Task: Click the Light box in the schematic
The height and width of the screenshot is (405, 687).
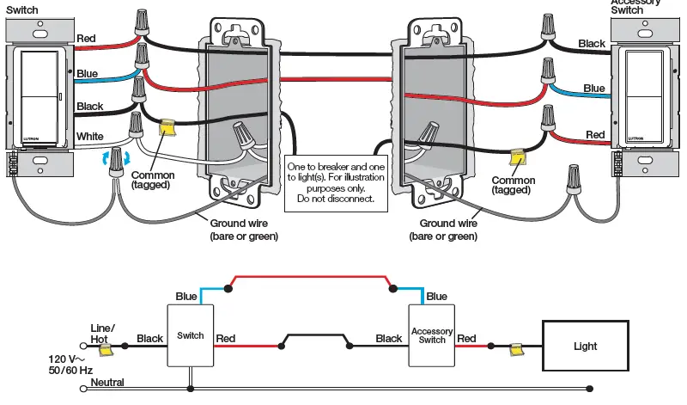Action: click(x=586, y=347)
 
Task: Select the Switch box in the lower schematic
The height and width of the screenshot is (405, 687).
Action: click(x=191, y=335)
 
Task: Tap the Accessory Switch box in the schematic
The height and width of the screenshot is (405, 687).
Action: click(x=432, y=335)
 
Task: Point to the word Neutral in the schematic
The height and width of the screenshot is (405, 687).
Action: click(x=108, y=383)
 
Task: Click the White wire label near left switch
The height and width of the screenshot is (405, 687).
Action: click(x=90, y=137)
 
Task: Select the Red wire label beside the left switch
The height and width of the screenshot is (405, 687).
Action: click(x=86, y=39)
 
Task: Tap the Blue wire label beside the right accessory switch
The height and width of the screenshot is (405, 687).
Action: click(x=594, y=88)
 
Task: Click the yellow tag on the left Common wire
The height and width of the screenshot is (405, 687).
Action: click(x=168, y=127)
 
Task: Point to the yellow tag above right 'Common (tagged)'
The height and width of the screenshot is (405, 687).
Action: click(x=517, y=159)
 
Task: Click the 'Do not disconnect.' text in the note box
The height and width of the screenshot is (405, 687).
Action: click(x=337, y=199)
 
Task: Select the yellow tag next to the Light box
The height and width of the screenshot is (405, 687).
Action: click(x=516, y=350)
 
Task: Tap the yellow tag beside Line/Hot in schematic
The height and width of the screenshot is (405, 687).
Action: click(x=106, y=347)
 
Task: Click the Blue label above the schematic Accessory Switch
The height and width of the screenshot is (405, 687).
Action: click(x=436, y=297)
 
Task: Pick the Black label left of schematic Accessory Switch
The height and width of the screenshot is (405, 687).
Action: click(x=389, y=339)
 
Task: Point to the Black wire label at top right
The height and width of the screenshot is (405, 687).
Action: click(x=592, y=43)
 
